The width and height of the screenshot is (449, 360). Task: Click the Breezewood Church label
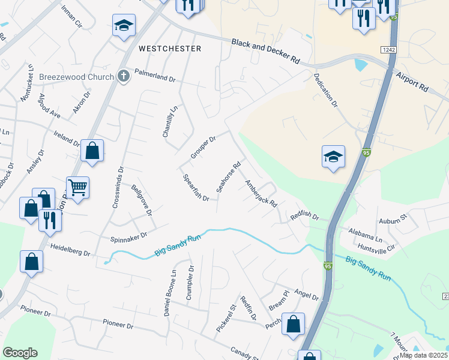pyautogui.click(x=76, y=77)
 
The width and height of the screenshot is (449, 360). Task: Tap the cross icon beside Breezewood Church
pyautogui.click(x=124, y=76)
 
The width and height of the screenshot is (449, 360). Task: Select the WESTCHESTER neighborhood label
pyautogui.click(x=170, y=48)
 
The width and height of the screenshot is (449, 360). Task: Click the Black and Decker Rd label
pyautogui.click(x=266, y=50)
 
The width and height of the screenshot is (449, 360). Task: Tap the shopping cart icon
pyautogui.click(x=78, y=188)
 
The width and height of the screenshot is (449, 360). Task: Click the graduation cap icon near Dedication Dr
pyautogui.click(x=333, y=157)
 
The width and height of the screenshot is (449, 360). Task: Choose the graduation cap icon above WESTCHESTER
pyautogui.click(x=124, y=26)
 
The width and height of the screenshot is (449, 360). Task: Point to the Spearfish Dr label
pyautogui.click(x=196, y=188)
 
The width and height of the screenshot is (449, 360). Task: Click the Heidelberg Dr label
pyautogui.click(x=70, y=250)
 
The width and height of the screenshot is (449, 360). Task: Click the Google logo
pyautogui.click(x=20, y=352)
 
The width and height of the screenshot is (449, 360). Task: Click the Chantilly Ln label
pyautogui.click(x=170, y=122)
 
